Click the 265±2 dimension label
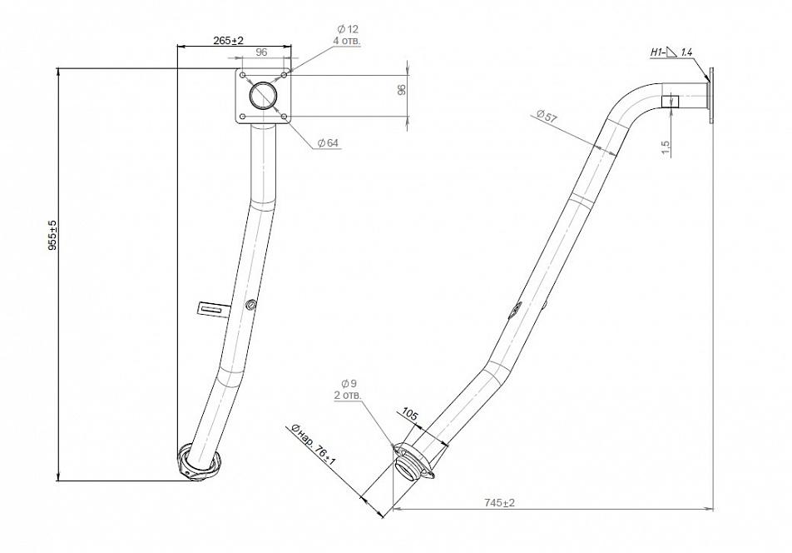(x=228, y=41)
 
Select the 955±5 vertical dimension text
(x=52, y=236)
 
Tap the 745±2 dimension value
(x=499, y=502)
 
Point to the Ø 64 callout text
(x=328, y=143)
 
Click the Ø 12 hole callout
(x=348, y=29)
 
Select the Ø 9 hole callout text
(x=349, y=383)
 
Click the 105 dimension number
(x=409, y=415)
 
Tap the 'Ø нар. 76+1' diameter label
(x=313, y=446)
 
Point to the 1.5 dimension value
(x=666, y=147)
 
